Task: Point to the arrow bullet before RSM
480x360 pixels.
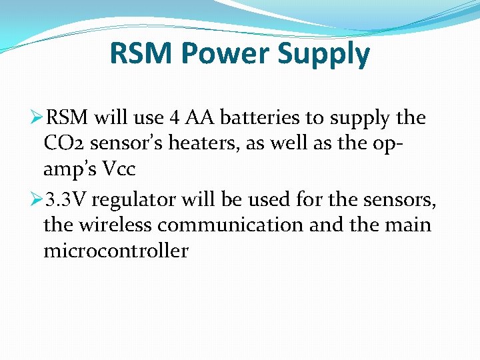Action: [36, 118]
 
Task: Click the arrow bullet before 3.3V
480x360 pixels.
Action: [36, 200]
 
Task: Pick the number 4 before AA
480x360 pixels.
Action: [174, 118]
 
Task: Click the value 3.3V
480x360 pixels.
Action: [66, 200]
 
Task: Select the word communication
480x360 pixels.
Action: [231, 225]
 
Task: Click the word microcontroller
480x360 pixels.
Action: [116, 251]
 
